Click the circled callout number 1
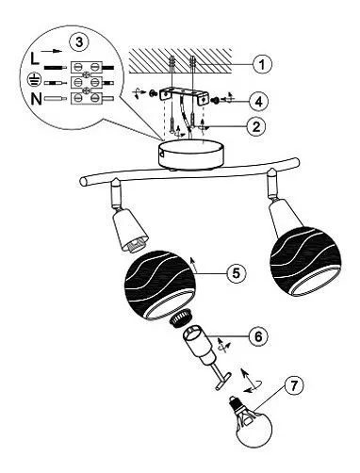point(262,64)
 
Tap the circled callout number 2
point(256,126)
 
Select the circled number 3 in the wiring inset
point(79,41)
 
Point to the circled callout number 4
point(258,101)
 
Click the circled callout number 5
point(237,273)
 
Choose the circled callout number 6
point(258,336)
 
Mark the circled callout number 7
point(294,385)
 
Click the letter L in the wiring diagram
point(35,58)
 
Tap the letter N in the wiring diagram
point(36,99)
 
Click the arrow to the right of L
point(52,51)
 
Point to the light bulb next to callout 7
point(250,419)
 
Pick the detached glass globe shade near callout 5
point(160,285)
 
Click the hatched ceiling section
point(180,60)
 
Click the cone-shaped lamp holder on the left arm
point(129,228)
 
